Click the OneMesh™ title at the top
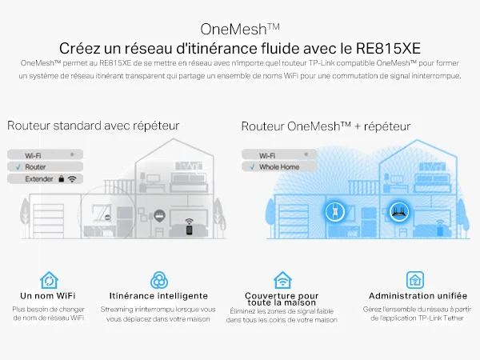coord(240,30)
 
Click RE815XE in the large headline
coord(388,48)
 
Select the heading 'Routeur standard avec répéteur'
coord(93,126)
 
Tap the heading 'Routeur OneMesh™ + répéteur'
coord(326,126)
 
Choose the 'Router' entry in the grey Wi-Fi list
coord(35,167)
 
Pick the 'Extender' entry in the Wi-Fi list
coord(39,178)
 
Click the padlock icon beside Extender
coord(62,178)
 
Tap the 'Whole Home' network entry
coord(279,167)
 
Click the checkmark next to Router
coord(18,167)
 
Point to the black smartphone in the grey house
coord(189,230)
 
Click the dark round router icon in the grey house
coord(159,216)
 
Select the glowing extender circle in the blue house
coord(334,211)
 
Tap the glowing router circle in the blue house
coord(399,211)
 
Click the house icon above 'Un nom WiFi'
coord(49,280)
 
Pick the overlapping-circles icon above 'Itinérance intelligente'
coord(159,280)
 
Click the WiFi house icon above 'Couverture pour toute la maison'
coord(282,280)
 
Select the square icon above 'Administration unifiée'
coord(415,280)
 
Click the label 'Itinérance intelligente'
coord(158,296)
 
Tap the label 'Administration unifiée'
coord(418,296)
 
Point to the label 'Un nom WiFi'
coord(48,296)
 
